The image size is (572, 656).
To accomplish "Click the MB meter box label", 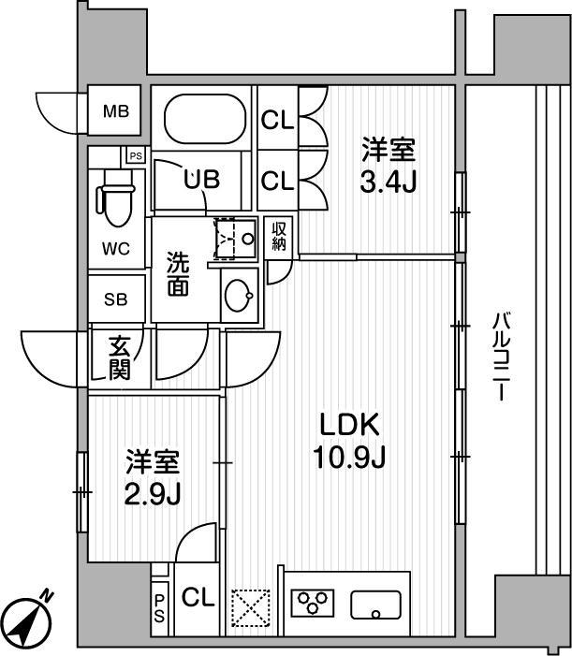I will [116, 110].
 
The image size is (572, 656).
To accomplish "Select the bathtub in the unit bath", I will [202, 120].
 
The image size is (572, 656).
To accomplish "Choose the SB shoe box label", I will [116, 299].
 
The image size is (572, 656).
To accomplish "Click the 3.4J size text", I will [389, 180].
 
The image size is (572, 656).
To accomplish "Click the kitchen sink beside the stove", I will [375, 605].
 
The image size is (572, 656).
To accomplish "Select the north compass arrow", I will [27, 618].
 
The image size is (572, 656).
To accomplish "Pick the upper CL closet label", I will [277, 121].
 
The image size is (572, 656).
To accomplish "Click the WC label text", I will [116, 248].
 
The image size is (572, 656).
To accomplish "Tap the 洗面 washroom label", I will [179, 274].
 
